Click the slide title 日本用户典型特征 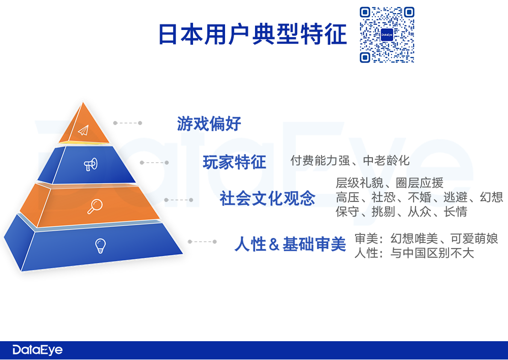(x=252, y=35)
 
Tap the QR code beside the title (x=387, y=35)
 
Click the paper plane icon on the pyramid (x=83, y=130)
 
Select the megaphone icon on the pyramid (x=90, y=164)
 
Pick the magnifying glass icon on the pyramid (x=95, y=206)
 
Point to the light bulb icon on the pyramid (x=101, y=246)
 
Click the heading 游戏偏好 (x=209, y=123)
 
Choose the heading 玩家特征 (x=234, y=163)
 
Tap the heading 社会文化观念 (x=268, y=198)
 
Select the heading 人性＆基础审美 (x=290, y=245)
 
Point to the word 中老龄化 (x=386, y=161)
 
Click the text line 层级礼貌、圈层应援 (x=389, y=183)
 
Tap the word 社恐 (x=384, y=197)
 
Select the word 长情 (x=456, y=212)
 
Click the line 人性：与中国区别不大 (x=414, y=253)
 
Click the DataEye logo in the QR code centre (x=387, y=35)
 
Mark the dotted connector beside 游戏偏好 (x=128, y=123)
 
